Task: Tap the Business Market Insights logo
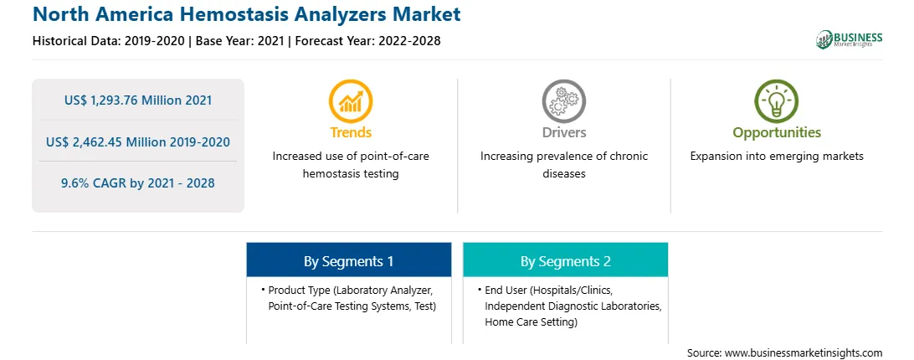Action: pyautogui.click(x=849, y=39)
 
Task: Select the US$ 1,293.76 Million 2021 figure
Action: pyautogui.click(x=138, y=100)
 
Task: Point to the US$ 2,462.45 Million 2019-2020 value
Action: pyautogui.click(x=138, y=141)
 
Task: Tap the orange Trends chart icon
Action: pyautogui.click(x=351, y=100)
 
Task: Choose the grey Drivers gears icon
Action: pyautogui.click(x=563, y=100)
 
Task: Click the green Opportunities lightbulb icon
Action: pyautogui.click(x=777, y=100)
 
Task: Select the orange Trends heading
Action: pyautogui.click(x=351, y=132)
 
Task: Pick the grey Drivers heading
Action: pyautogui.click(x=563, y=132)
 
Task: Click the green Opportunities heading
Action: pyautogui.click(x=777, y=133)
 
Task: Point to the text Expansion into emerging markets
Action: pyautogui.click(x=777, y=157)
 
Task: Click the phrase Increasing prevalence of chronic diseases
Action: pyautogui.click(x=563, y=165)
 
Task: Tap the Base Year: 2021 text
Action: pyautogui.click(x=239, y=41)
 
